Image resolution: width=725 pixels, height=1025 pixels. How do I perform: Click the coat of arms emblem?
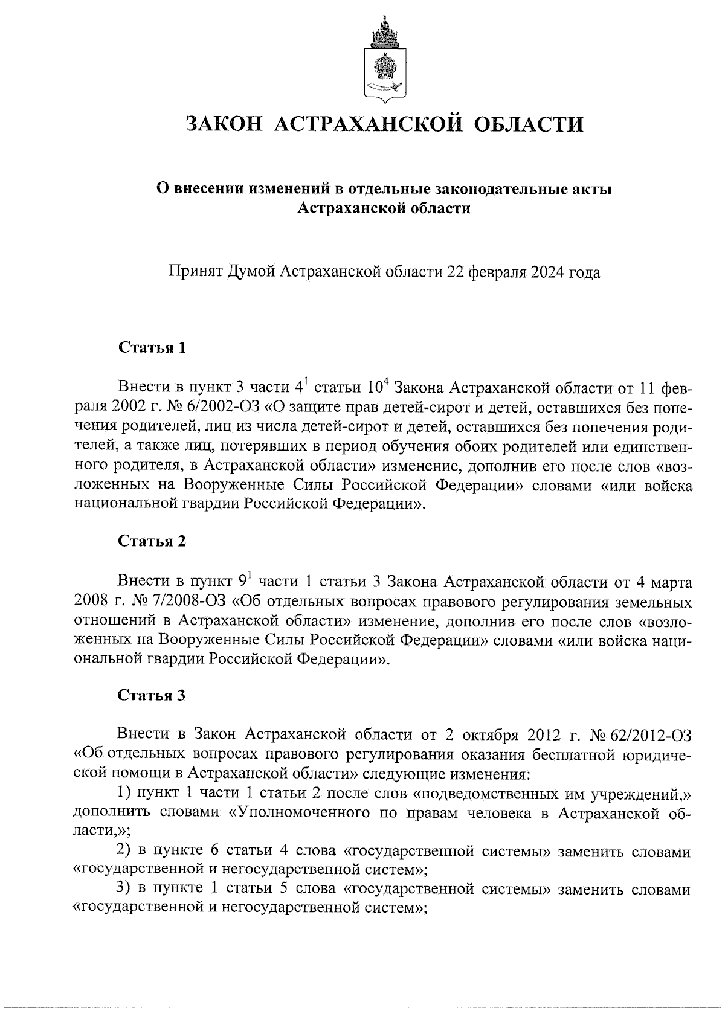coord(382,60)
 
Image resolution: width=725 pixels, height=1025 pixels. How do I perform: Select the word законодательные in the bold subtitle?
coord(496,189)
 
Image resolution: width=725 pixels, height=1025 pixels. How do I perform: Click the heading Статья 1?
coord(152,348)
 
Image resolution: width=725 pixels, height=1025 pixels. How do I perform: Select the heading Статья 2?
coord(152,541)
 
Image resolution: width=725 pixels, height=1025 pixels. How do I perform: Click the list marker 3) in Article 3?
coord(124,890)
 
